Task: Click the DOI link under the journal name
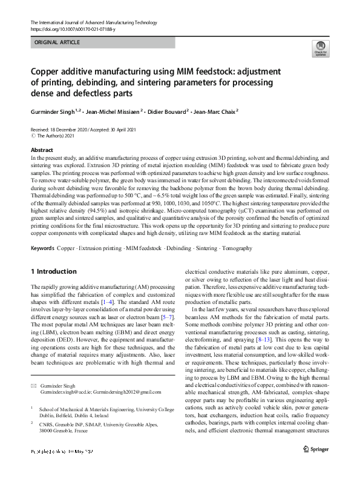65,28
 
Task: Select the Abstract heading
41,150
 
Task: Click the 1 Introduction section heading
54,271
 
